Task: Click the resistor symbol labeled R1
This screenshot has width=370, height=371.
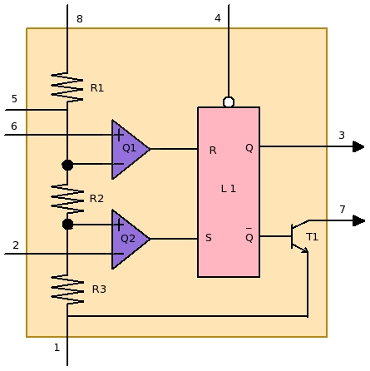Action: coord(67,87)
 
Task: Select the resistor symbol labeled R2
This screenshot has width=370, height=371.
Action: coord(67,197)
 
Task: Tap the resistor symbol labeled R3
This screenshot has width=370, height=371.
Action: coord(67,288)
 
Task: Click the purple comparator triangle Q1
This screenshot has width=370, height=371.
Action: coord(129,150)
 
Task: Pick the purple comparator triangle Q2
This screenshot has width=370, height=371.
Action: coord(129,239)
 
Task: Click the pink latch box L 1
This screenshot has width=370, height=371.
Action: coord(229,191)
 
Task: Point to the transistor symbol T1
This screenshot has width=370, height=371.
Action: coord(298,237)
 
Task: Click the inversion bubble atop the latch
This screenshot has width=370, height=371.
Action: coord(229,102)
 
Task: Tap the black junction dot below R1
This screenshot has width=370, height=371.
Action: coord(67,165)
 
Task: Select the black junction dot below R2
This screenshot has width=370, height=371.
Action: coord(67,224)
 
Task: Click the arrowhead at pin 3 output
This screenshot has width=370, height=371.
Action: coord(358,147)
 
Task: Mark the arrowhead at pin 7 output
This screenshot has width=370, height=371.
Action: coord(358,220)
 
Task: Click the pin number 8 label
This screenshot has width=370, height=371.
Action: coord(79,18)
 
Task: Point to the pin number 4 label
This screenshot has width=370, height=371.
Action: coord(218,18)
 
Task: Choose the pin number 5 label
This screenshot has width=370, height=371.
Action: coord(13,99)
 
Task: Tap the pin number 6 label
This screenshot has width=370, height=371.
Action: coord(13,126)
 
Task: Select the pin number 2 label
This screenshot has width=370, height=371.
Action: coord(15,245)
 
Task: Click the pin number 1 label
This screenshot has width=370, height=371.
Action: coord(57,348)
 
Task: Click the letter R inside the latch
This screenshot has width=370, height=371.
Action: coord(213,151)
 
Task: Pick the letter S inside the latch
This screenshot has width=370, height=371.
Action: coord(208,238)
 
